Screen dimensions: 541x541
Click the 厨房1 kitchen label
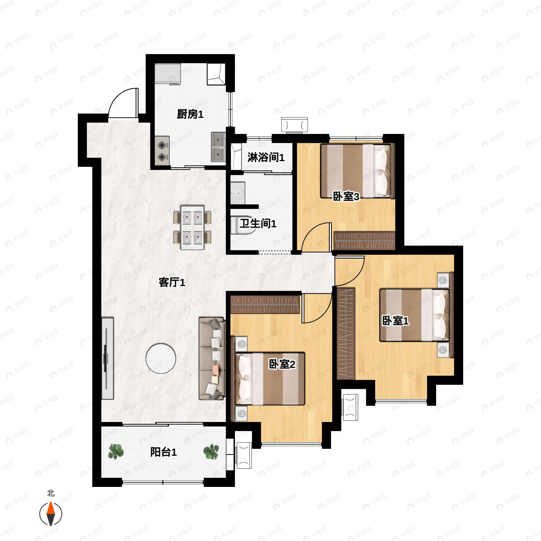pos(190,114)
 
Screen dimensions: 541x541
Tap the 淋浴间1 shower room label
pos(266,158)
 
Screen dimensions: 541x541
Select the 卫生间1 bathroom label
pos(258,223)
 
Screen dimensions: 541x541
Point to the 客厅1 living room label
pos(172,282)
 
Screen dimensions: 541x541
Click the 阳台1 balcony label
pos(163,452)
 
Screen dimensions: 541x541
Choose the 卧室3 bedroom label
pos(346,197)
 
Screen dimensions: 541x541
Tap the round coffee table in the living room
pos(161,358)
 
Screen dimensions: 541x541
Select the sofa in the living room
pos(212,358)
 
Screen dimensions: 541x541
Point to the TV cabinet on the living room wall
pos(108,358)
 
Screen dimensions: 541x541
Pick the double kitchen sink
pos(218,147)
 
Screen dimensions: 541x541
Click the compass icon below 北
pos(51,514)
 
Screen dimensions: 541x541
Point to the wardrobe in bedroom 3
pos(364,241)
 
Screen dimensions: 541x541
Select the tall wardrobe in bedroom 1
pos(346,334)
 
